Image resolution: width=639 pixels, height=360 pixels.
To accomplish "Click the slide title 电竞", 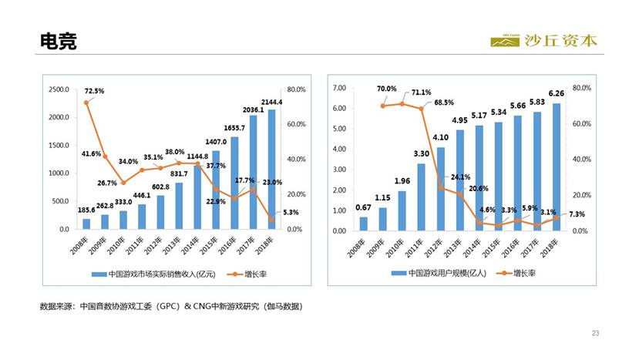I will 59,42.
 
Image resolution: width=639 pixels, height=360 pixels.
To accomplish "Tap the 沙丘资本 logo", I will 543,41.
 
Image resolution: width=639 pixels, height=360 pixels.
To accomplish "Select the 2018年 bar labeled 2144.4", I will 271,170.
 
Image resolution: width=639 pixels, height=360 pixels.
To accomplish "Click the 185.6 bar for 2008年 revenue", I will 86,224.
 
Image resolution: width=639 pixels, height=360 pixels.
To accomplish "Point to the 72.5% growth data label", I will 94,90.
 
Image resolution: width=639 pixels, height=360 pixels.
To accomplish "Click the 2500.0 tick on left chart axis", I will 59,89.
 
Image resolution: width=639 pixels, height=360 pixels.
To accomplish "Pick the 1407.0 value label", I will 216,142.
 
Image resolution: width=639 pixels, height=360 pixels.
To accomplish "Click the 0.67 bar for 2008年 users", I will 364,224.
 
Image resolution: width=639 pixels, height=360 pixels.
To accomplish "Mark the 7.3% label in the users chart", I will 577,214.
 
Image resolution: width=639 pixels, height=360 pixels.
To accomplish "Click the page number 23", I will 595,332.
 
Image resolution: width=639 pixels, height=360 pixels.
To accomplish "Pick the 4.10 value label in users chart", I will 439,139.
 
